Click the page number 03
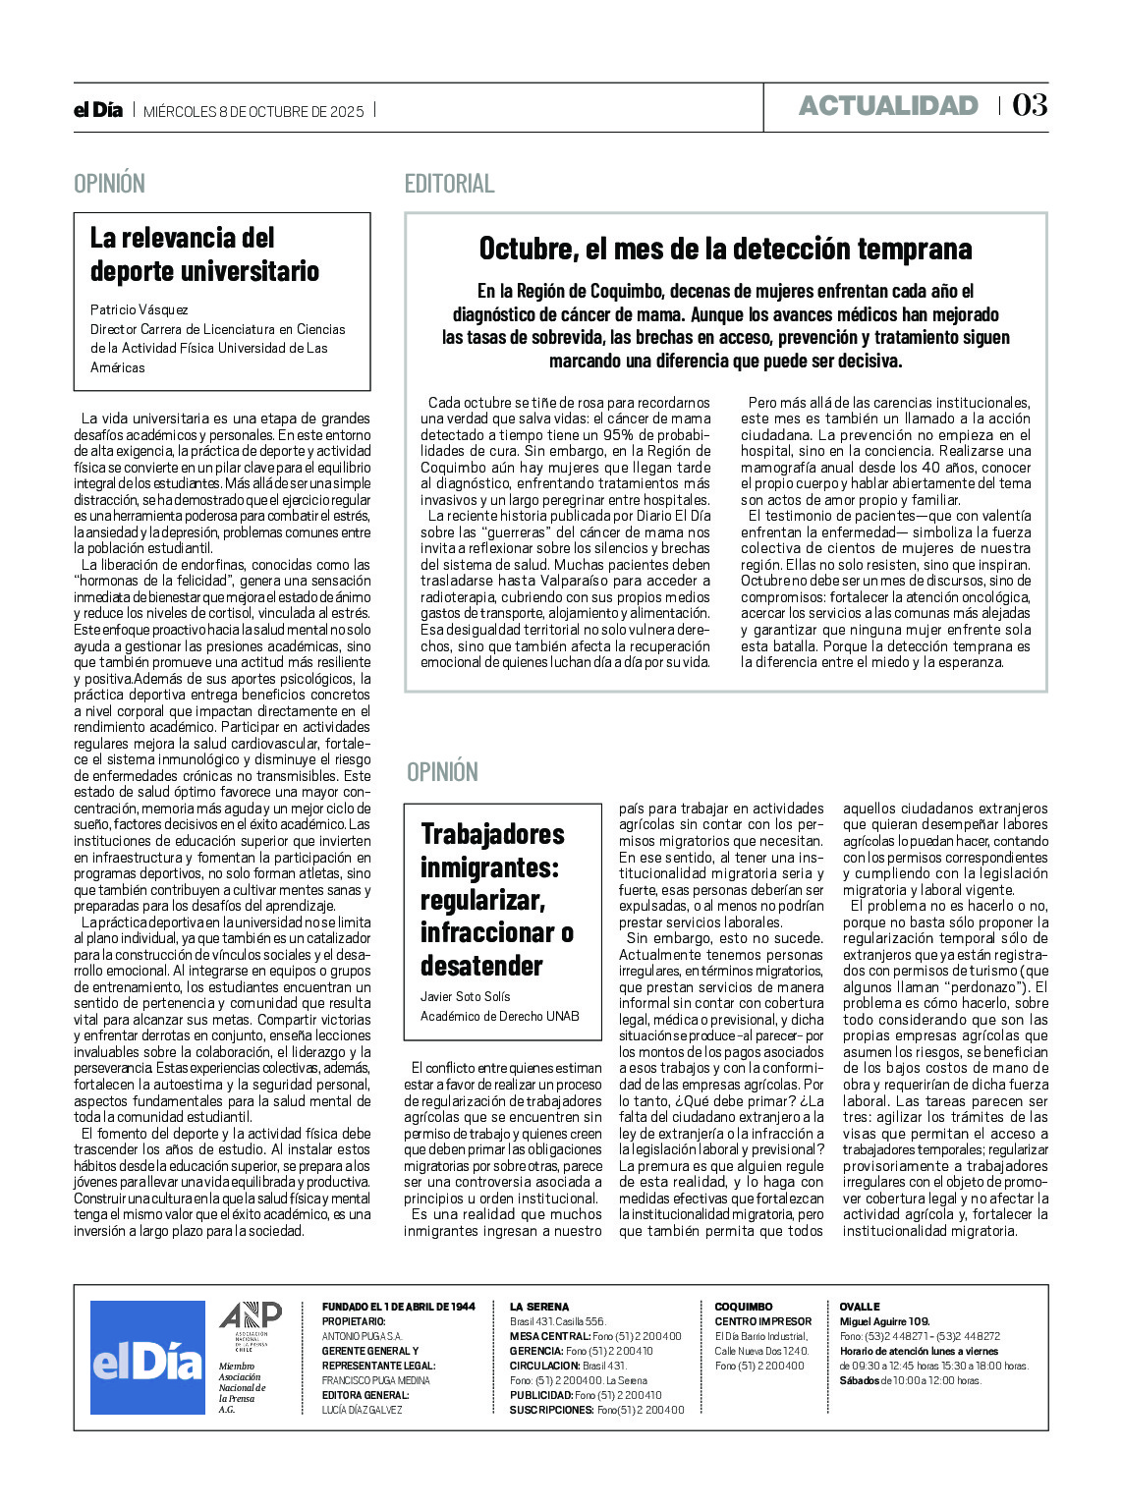[x=1030, y=105]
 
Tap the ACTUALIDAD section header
[x=888, y=106]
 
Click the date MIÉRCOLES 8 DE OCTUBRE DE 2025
[x=253, y=111]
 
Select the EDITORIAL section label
[x=449, y=184]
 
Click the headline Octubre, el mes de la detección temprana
[x=725, y=249]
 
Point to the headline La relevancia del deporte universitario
[x=204, y=253]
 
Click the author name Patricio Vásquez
[x=140, y=309]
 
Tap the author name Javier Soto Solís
[x=466, y=996]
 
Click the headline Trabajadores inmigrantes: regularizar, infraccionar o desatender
[x=496, y=899]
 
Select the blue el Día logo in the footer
[x=147, y=1358]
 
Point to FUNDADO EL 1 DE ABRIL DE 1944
[x=398, y=1307]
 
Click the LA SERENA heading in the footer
[x=538, y=1307]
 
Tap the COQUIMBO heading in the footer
[x=743, y=1307]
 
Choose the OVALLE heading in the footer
[x=859, y=1307]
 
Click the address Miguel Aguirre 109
[x=884, y=1321]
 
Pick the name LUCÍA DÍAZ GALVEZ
[x=362, y=1410]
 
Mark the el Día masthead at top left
[x=98, y=110]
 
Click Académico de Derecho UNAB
[x=499, y=1016]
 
